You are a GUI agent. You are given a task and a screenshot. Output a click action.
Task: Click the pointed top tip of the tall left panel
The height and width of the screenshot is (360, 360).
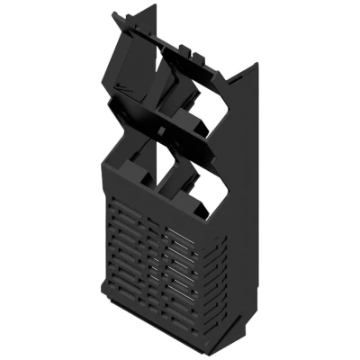(155, 6)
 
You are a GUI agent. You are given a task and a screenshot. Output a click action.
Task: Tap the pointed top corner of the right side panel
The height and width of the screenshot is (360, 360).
(256, 64)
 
